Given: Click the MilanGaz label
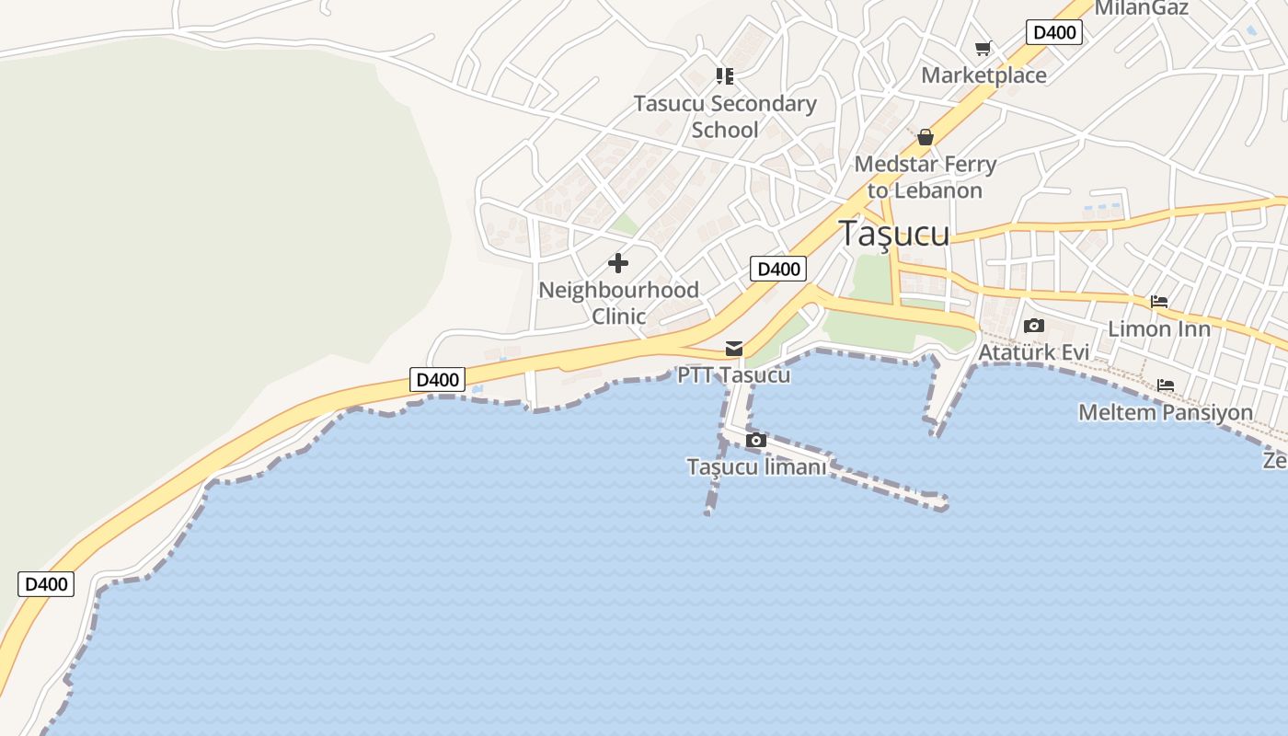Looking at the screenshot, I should [1141, 8].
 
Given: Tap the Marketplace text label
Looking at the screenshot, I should [983, 75].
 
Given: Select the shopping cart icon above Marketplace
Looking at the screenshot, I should [983, 49].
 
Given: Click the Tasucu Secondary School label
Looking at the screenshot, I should [725, 117].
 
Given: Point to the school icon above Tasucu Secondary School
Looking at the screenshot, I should [725, 76].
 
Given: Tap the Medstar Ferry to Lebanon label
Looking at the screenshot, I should [926, 178].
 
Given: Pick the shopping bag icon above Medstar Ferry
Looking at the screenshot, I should [926, 138].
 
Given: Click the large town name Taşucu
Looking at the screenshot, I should [893, 234].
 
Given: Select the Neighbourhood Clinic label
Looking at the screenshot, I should [618, 303].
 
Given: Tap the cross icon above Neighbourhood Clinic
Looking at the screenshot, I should [618, 264].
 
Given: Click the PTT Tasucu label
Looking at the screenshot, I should [733, 375].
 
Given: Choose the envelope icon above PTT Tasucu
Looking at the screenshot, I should [734, 349].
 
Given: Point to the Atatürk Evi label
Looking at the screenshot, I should [1033, 352].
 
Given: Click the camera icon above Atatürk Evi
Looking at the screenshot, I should [1033, 326].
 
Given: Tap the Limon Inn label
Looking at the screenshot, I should [1158, 328].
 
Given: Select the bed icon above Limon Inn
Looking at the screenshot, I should [1158, 302].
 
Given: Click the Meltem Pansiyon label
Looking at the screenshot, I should [1166, 412].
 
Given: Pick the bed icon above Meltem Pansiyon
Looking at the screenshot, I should [1166, 385].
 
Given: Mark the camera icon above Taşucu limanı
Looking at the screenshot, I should [756, 441].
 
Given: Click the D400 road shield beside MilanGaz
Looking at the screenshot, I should [1053, 33].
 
